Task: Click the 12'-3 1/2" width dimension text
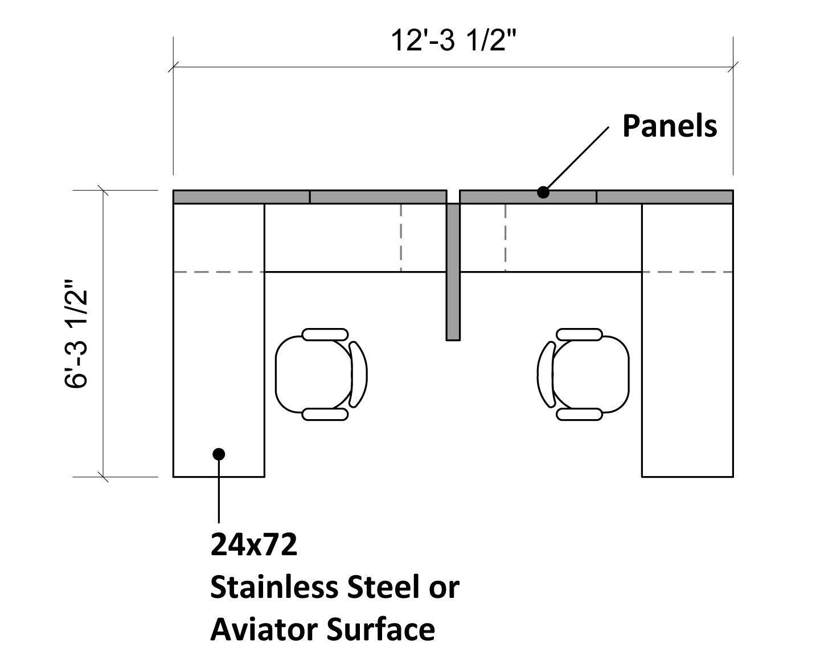(453, 42)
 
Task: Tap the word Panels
(669, 126)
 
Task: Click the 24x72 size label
(254, 545)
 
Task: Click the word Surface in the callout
(381, 629)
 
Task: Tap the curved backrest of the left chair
(358, 374)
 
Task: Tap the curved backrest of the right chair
(547, 374)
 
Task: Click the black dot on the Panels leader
(543, 192)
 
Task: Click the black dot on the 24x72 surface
(219, 453)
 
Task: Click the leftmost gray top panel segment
(241, 197)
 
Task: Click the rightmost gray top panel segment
(665, 197)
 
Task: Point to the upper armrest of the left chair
(325, 334)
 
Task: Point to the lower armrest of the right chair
(579, 414)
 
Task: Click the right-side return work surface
(687, 370)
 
